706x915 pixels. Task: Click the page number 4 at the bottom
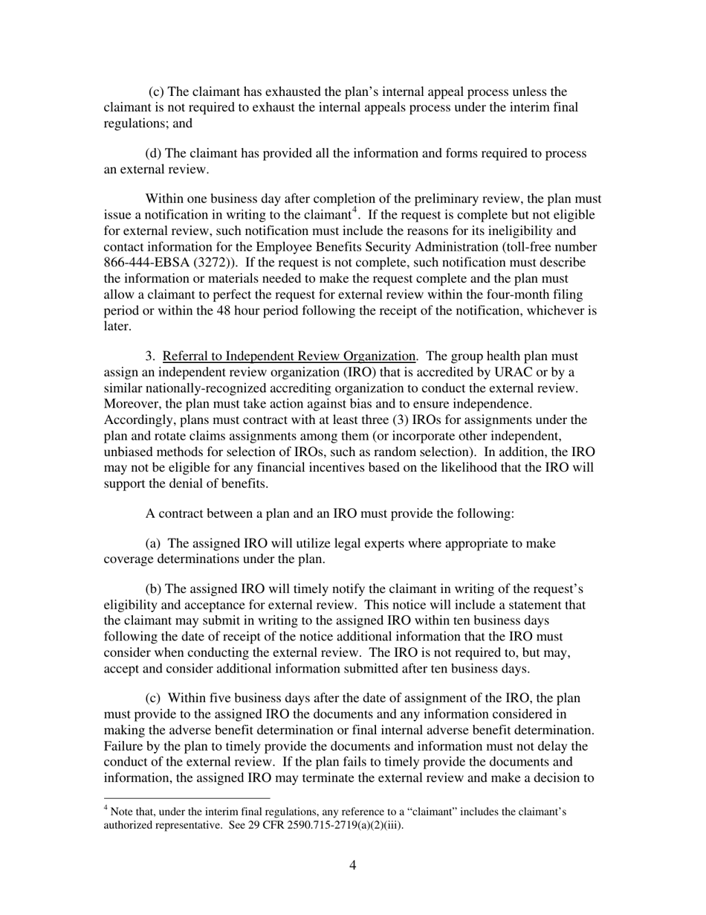[x=352, y=864]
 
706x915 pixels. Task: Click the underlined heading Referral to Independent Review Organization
[x=288, y=356]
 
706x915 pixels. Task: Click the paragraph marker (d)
[x=153, y=153]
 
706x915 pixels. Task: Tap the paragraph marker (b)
[x=153, y=589]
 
